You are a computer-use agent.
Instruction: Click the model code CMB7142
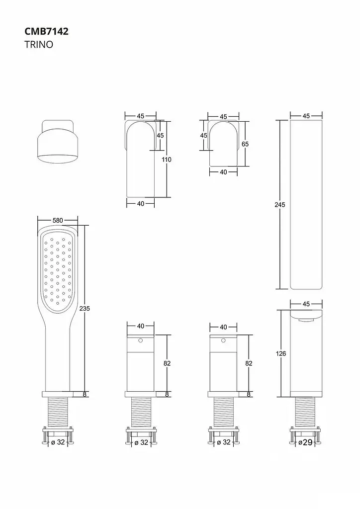coord(46,31)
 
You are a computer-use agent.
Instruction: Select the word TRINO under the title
coord(39,44)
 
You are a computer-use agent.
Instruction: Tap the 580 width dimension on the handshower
coord(58,220)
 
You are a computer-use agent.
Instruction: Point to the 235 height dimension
coord(85,308)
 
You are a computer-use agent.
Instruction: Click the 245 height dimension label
coord(280,204)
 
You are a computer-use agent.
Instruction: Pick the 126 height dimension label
coord(281,353)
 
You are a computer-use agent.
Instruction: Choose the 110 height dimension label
coord(166,160)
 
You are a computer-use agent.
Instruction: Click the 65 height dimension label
coord(245,144)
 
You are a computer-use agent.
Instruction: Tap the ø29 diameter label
coord(305,442)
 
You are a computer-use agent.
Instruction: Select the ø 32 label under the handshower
coord(58,442)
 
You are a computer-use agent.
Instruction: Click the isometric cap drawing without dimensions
coord(58,142)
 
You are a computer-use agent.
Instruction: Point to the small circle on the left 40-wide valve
coord(140,340)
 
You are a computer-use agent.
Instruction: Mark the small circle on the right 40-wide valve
coord(223,340)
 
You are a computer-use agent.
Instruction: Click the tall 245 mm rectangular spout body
coord(306,204)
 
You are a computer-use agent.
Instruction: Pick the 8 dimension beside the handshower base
coord(85,394)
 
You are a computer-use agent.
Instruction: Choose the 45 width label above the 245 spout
coord(306,116)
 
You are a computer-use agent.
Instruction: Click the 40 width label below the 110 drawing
coord(141,203)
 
